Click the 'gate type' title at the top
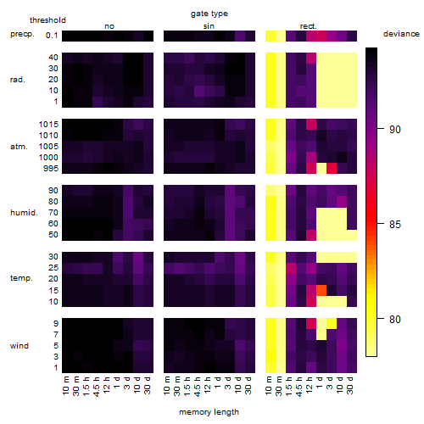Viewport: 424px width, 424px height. [209, 14]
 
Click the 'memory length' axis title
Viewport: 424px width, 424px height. [209, 412]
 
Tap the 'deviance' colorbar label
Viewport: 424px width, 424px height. [401, 34]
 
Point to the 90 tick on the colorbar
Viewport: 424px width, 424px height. [395, 129]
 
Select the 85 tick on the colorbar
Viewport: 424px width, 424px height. [395, 224]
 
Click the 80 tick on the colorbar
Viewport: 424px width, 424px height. [395, 319]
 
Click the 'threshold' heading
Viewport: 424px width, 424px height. [47, 20]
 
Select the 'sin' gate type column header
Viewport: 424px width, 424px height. [209, 26]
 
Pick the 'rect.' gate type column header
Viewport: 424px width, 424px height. [309, 26]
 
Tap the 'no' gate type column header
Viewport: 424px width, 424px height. [109, 26]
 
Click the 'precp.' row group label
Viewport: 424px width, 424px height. [22, 34]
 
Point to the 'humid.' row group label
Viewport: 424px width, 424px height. [24, 212]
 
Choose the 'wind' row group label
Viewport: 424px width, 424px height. [20, 345]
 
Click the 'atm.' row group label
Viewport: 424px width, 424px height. [19, 147]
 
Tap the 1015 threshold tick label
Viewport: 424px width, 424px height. [48, 124]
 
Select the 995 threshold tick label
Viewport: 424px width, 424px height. [51, 169]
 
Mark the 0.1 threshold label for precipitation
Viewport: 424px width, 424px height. [52, 36]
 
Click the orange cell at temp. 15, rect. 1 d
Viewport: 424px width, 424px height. [321, 290]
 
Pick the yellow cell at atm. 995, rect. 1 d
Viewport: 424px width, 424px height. [321, 168]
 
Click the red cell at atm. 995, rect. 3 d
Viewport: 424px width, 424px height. [332, 168]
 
